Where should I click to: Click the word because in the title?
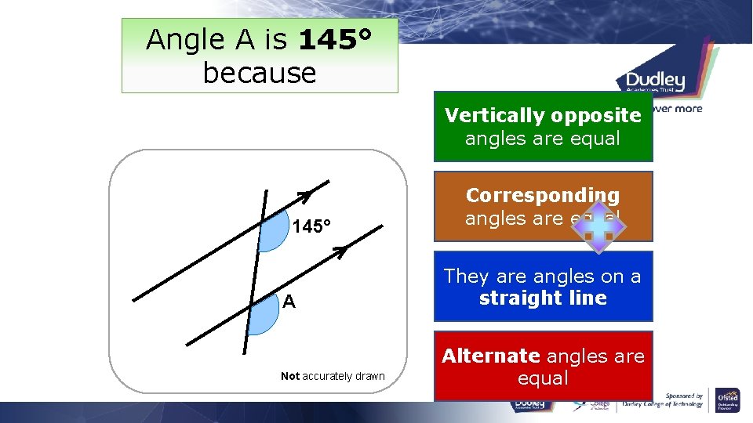click(259, 73)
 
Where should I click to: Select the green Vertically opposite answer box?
click(543, 127)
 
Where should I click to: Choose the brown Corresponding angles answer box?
click(543, 206)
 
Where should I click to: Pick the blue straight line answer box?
click(543, 286)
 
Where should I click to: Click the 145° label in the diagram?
click(311, 227)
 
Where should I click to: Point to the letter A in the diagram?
click(289, 302)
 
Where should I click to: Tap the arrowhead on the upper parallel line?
click(305, 193)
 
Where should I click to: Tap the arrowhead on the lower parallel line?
click(339, 251)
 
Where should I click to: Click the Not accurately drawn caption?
click(333, 376)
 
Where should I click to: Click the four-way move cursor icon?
click(598, 226)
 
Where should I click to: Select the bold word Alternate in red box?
click(491, 356)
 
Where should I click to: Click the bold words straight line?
click(543, 298)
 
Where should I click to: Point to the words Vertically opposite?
click(543, 116)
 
